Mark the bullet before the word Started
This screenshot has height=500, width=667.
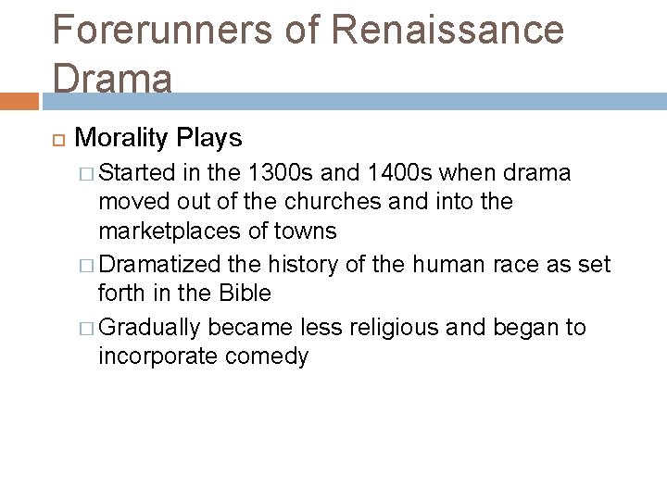tap(89, 173)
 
